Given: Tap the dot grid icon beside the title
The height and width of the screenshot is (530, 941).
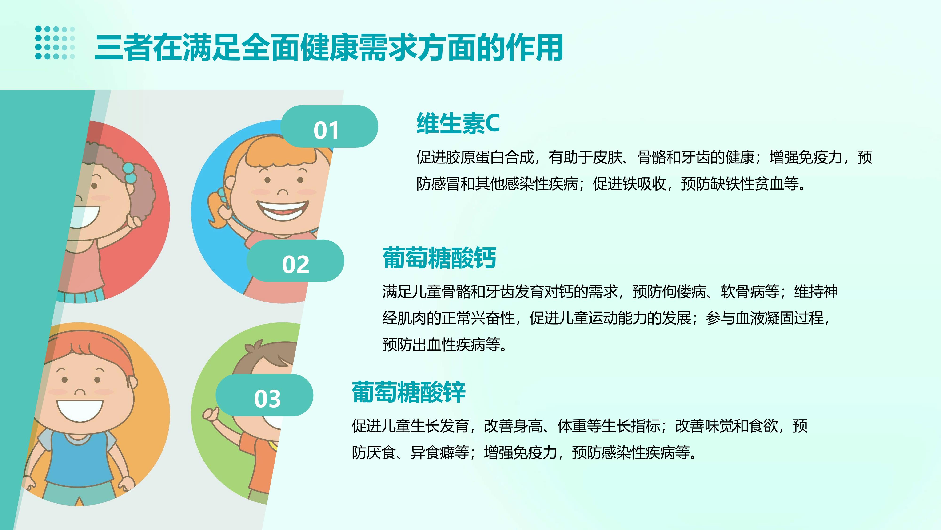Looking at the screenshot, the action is point(55,42).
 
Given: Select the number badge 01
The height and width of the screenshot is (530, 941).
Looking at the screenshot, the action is point(329,126).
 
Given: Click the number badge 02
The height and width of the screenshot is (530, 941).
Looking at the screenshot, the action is point(295,261).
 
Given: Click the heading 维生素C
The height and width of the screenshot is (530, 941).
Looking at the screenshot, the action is point(458,123).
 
